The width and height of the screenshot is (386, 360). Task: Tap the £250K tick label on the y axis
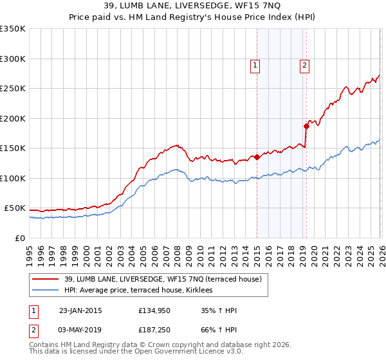coord(13,89)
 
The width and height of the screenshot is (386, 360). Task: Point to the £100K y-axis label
coord(13,178)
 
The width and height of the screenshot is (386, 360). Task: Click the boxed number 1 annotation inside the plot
coord(255,64)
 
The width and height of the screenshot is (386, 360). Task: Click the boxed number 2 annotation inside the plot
coord(304,64)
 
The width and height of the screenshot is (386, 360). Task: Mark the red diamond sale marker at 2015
coord(257,157)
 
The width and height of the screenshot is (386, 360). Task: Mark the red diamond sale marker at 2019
coord(306,126)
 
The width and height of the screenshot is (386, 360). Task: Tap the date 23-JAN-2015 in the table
coord(80,310)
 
